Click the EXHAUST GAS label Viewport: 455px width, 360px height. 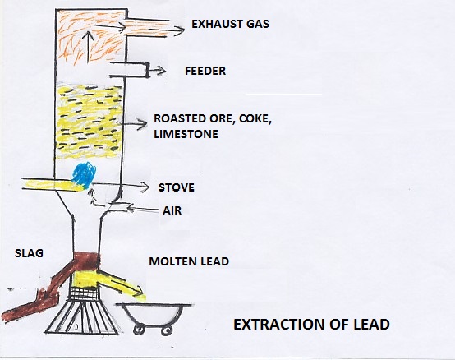click(231, 24)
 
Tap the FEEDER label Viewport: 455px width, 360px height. click(205, 71)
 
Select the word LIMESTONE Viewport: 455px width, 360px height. click(186, 134)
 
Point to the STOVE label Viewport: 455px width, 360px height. click(177, 187)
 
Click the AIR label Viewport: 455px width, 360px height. click(172, 210)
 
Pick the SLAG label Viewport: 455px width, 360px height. click(29, 253)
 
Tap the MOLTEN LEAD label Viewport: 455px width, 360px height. click(189, 261)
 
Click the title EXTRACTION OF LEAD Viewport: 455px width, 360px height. click(311, 325)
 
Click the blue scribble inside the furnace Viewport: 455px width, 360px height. click(84, 175)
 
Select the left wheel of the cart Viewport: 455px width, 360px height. click(139, 330)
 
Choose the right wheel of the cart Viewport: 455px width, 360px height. click(167, 330)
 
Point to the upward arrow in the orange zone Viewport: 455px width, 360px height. click(89, 47)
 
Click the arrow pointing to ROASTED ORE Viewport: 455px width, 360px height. click(135, 124)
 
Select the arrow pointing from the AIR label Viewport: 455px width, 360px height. click(143, 209)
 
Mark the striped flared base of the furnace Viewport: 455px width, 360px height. click(82, 317)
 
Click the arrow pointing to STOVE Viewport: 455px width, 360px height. click(121, 186)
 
